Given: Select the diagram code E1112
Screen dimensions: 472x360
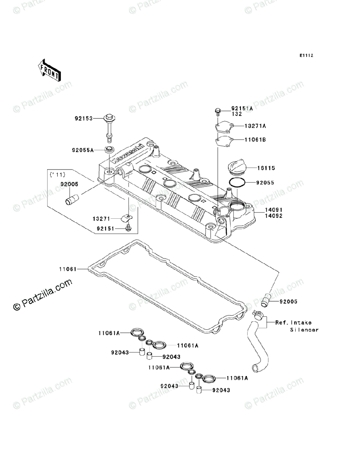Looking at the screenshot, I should (305, 56).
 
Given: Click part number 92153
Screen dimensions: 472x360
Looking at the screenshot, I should (83, 117).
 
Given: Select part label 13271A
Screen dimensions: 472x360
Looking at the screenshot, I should (255, 126).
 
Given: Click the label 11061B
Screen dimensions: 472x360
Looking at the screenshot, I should (255, 139).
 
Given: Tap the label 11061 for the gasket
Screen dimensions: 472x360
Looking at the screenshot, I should (67, 269).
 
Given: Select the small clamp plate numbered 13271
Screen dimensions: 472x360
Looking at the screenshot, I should (127, 218).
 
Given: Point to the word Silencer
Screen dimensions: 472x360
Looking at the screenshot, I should (304, 330).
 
